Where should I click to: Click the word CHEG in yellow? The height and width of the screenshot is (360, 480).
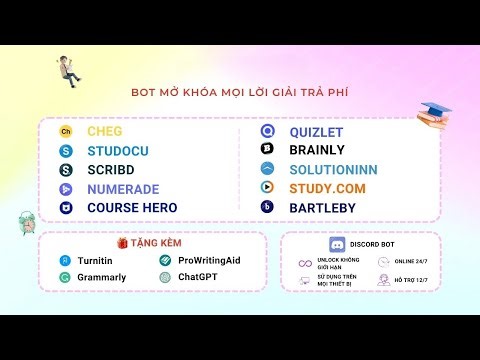(104, 131)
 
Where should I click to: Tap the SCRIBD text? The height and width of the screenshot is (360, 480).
(110, 169)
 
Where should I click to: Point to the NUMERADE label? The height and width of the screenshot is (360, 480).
(123, 188)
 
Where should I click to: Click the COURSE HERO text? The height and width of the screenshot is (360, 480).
(132, 207)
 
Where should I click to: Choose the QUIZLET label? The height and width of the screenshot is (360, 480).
(317, 131)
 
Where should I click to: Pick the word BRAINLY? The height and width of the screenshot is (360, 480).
(317, 150)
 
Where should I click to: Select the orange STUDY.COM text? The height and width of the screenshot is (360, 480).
(327, 188)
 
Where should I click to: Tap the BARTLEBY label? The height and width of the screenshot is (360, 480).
(323, 207)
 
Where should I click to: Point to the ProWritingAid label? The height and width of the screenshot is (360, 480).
(209, 260)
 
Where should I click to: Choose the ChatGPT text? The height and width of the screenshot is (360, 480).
(197, 276)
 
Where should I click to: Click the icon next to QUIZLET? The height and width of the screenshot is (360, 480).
(267, 131)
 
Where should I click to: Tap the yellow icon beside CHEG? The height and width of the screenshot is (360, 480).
(66, 131)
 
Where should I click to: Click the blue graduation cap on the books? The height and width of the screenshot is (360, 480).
(435, 109)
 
